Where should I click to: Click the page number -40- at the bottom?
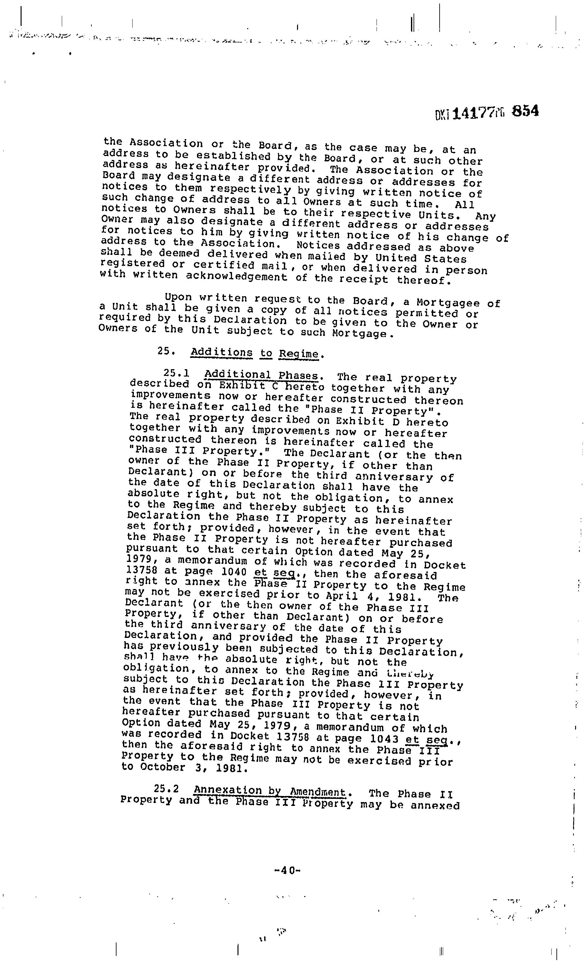point(287,870)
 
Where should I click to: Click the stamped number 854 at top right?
point(526,111)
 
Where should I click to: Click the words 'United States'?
point(421,258)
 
